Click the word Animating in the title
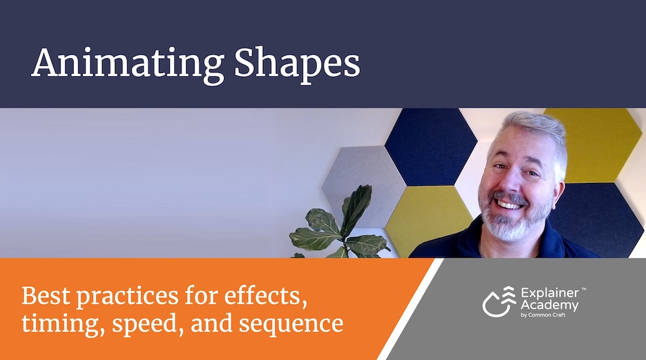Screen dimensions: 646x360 [x=128, y=64]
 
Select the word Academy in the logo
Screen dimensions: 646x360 [x=550, y=306]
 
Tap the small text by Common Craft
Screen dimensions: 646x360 [x=543, y=315]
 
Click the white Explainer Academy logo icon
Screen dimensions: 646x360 [x=499, y=301]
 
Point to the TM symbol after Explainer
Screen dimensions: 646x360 [x=583, y=290]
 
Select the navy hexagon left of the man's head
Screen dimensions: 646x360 [x=431, y=147]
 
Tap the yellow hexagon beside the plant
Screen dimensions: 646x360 [x=428, y=220]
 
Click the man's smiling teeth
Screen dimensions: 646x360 [x=508, y=204]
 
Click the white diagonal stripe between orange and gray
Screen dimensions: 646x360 [x=410, y=309]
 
